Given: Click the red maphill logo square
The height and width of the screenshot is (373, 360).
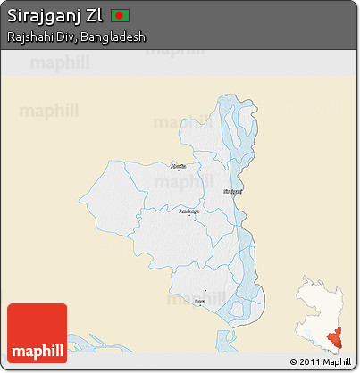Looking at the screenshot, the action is point(37,333).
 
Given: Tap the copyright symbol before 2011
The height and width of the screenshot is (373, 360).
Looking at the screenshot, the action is point(294,362).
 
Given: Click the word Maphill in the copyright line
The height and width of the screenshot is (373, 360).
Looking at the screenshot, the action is point(337,362).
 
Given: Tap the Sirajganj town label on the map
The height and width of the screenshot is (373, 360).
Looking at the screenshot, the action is point(231,190).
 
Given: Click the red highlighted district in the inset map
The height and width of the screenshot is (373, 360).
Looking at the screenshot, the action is point(338,335).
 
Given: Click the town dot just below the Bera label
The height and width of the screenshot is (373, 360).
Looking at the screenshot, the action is point(203,297).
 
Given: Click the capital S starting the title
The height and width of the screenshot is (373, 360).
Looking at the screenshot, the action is point(12,17).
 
